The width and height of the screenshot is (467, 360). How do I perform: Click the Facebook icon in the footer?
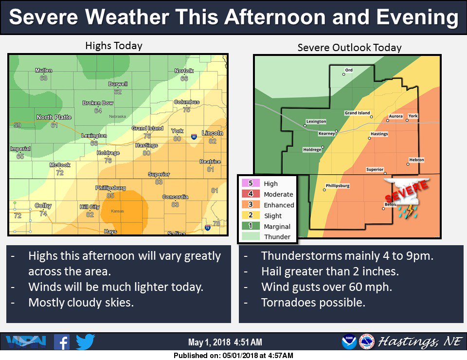[x=62, y=342]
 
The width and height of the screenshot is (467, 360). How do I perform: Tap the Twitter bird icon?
[x=85, y=342]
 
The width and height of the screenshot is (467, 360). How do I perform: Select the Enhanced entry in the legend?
[x=279, y=205]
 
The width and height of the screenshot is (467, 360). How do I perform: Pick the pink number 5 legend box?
[x=251, y=183]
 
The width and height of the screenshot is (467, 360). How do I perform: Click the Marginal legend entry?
[x=277, y=226]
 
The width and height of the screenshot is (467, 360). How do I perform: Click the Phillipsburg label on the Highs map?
[x=109, y=188]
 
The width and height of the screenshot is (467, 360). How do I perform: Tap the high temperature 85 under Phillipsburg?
[x=111, y=196]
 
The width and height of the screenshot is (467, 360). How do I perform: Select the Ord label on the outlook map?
[x=349, y=71]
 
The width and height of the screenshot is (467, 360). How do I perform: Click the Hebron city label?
[x=416, y=160]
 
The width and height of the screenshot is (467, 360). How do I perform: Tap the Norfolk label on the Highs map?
[x=184, y=71]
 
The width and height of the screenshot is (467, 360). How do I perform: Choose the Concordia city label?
[x=176, y=197]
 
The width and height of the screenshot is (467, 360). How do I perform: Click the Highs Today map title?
[x=113, y=46]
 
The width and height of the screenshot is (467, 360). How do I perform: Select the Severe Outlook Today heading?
[x=349, y=48]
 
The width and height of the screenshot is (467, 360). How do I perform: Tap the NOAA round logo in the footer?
[x=349, y=342]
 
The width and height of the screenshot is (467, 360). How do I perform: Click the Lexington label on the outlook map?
[x=316, y=121]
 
